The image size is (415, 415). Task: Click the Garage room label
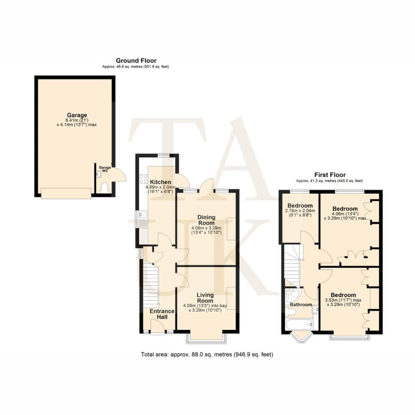[x=77, y=115]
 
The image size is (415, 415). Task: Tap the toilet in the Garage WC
[x=105, y=188]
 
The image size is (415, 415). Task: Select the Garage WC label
[x=105, y=169]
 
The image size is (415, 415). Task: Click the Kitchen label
[x=160, y=182]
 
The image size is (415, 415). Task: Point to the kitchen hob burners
[x=143, y=179]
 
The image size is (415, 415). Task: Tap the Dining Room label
[x=206, y=220]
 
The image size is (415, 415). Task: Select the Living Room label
[x=205, y=298]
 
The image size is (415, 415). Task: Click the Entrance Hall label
[x=162, y=314]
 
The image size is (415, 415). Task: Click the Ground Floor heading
[x=136, y=61]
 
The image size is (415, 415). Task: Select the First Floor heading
[x=330, y=175]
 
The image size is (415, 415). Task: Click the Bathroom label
[x=301, y=305]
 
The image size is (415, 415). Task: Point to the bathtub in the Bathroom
[x=299, y=325]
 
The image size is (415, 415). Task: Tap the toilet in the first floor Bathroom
[x=290, y=312]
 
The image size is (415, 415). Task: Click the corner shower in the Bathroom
[x=293, y=295]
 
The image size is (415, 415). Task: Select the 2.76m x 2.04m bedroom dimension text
[x=300, y=211]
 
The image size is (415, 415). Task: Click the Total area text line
[x=207, y=354]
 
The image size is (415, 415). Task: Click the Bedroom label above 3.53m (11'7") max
[x=343, y=295]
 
